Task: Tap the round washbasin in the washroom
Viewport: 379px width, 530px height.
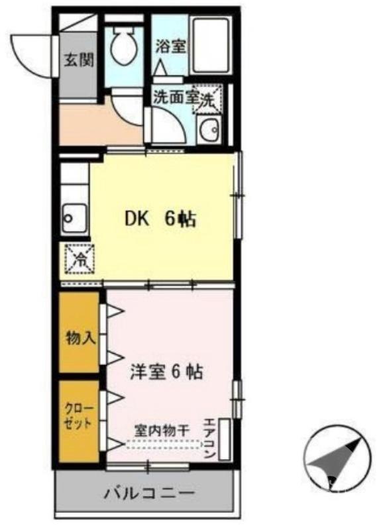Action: tap(210, 129)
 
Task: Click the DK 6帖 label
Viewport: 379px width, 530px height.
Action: tap(161, 220)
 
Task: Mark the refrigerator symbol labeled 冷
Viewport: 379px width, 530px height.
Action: tap(78, 259)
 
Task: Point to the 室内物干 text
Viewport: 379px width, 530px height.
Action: tap(162, 429)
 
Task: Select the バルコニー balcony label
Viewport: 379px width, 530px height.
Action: tap(148, 494)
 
